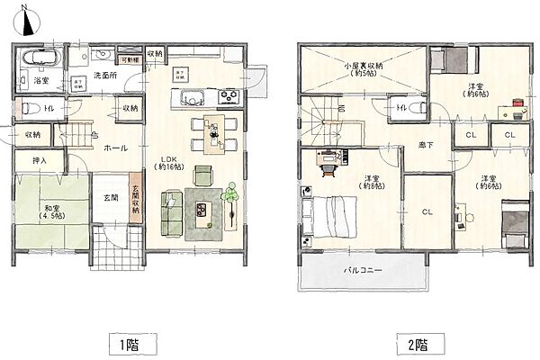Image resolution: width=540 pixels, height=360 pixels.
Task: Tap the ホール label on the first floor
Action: pos(114,148)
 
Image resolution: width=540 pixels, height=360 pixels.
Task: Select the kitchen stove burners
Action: pos(226,95)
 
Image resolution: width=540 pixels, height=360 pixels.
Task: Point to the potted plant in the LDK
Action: pos(231,194)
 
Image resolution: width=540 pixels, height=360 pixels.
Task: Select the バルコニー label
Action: pos(362,269)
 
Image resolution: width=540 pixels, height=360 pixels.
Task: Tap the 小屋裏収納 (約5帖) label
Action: pos(364,69)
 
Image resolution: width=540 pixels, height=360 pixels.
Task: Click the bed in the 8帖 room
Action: pos(332,219)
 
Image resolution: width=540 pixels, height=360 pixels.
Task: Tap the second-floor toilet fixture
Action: pos(401,109)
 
